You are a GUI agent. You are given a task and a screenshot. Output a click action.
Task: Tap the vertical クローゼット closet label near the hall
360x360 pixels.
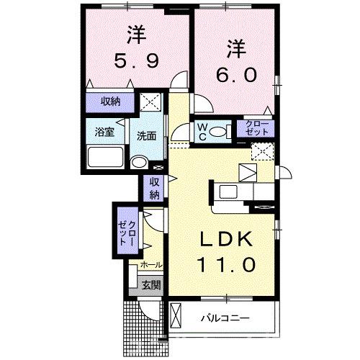click(x=127, y=233)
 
